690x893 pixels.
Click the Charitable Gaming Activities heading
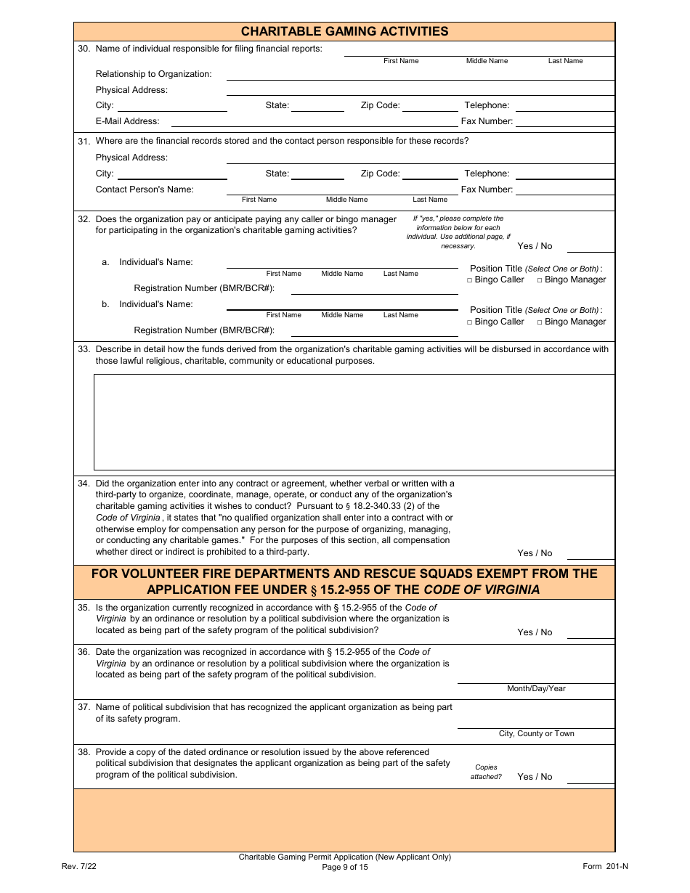point(344,31)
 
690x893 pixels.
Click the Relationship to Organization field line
point(420,75)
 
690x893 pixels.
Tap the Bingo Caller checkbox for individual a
point(470,280)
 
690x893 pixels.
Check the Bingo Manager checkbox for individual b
point(540,322)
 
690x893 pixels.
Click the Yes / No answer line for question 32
point(590,246)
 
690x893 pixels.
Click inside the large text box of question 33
point(354,422)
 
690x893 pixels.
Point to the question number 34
point(84,484)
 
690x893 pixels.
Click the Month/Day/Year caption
point(536,689)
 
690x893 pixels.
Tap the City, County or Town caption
point(536,734)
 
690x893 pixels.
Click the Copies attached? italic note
point(486,772)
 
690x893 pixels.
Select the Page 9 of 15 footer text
point(344,867)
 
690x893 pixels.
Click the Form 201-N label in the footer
point(605,867)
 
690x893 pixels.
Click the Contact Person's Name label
point(145,189)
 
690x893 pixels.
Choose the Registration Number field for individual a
point(374,289)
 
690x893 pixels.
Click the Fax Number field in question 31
point(564,190)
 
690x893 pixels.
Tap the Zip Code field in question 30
point(430,106)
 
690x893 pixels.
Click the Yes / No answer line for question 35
point(590,632)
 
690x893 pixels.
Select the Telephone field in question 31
point(564,174)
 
